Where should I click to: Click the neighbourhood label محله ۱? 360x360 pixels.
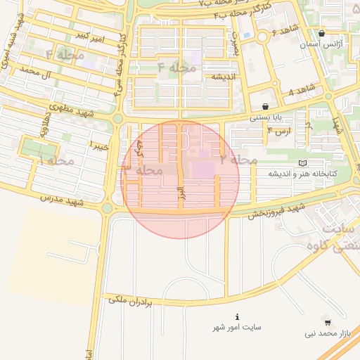tap(56, 161)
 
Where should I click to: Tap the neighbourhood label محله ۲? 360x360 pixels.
tap(238, 160)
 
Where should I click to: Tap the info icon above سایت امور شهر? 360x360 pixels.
tap(238, 316)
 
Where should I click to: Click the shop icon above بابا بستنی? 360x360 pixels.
tap(265, 106)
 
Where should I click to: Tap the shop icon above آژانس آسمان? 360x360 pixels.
tap(321, 33)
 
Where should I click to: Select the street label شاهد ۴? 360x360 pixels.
tap(301, 91)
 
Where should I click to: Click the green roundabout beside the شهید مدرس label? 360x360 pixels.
tap(107, 207)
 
